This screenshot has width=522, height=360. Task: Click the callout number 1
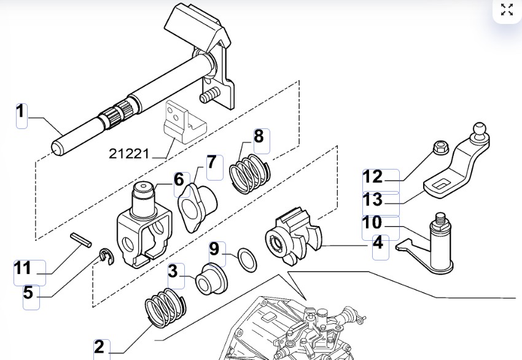[21, 112]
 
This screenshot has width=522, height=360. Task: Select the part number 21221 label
[130, 153]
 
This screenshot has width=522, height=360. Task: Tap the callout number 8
[259, 136]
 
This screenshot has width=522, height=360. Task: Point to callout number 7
[211, 163]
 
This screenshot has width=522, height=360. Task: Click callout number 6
[179, 179]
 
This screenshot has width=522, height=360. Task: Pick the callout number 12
[373, 177]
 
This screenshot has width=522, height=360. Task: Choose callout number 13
[373, 200]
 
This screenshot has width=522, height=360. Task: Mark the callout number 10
[373, 222]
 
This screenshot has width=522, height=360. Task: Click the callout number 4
[378, 243]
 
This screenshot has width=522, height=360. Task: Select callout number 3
[173, 271]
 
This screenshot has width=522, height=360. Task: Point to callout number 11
[23, 268]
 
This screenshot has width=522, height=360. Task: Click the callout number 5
[28, 293]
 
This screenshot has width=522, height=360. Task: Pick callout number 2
[99, 348]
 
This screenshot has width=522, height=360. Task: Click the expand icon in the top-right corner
[507, 10]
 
